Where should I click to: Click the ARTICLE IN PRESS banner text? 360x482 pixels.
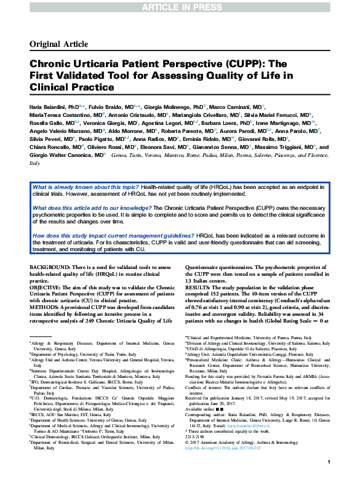tap(180, 7)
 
